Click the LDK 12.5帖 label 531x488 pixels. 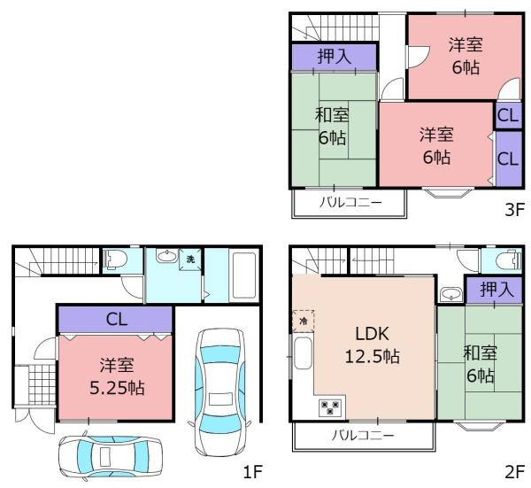tap(367, 345)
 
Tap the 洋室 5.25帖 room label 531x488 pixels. tap(117, 377)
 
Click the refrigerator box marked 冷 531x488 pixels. tap(301, 321)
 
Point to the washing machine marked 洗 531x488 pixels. tap(190, 259)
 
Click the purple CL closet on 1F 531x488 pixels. tap(116, 320)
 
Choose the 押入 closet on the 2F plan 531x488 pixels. tap(481, 290)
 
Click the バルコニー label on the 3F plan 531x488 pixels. tap(350, 202)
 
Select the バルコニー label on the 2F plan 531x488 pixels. tap(363, 436)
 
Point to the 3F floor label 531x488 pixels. tap(513, 213)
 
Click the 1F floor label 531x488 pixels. tap(252, 470)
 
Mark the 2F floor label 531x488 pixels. tap(513, 470)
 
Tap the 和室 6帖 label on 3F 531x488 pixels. tap(334, 126)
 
